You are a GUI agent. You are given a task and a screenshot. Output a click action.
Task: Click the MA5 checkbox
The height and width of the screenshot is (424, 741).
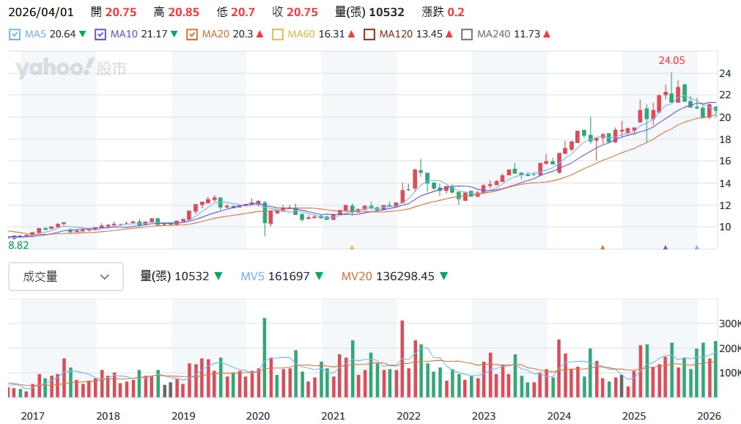click(15, 34)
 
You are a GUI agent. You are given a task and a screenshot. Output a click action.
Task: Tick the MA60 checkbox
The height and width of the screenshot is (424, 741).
click(277, 34)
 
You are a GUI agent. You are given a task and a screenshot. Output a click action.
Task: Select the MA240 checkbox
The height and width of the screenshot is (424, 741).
click(467, 34)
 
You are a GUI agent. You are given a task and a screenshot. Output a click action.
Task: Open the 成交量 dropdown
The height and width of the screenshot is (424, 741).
click(66, 277)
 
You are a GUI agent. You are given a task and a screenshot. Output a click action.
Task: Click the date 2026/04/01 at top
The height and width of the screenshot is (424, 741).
click(41, 12)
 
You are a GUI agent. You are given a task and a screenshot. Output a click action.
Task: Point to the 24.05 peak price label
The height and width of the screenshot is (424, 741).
click(671, 61)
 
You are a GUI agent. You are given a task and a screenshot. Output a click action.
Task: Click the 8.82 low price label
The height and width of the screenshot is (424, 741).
click(18, 245)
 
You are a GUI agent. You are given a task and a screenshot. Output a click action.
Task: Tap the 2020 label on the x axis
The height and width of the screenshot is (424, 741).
click(258, 416)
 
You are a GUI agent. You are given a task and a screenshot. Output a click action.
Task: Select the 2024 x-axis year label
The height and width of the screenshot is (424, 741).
click(558, 416)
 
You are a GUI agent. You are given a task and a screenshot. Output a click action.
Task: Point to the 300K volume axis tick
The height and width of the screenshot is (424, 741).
click(729, 324)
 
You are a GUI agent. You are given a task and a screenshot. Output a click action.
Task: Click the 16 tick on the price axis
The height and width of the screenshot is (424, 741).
click(725, 161)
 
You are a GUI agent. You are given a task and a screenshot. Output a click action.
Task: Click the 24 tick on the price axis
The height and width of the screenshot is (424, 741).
click(725, 73)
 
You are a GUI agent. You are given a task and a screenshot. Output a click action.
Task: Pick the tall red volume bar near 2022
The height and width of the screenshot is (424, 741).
click(402, 359)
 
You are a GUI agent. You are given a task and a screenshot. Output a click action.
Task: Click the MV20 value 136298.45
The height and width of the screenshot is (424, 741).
click(405, 277)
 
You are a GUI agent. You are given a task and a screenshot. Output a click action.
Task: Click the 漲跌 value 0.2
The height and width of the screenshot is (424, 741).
click(455, 12)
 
